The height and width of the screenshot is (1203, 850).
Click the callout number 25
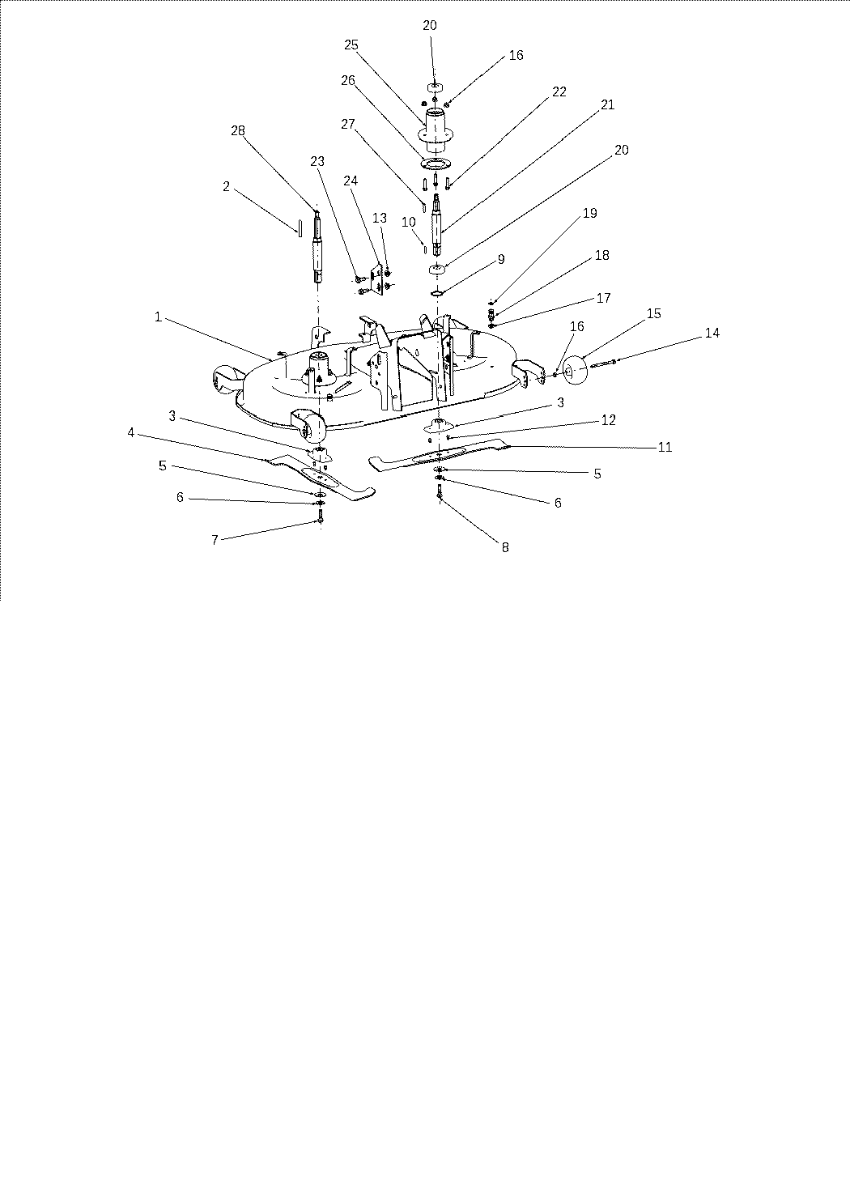351,45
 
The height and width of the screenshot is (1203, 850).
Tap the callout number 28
238,130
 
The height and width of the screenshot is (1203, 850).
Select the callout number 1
158,317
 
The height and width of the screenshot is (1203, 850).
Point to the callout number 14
712,333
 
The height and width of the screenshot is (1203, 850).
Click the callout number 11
665,448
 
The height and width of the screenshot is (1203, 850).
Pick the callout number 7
215,540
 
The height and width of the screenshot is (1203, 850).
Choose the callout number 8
505,547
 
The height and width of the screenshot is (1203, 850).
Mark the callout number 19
589,213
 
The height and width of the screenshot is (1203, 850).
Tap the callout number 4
130,432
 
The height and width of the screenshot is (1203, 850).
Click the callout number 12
609,420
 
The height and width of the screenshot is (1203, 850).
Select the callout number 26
348,81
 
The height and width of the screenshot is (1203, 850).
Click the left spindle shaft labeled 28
317,247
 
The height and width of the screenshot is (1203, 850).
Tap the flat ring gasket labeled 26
436,164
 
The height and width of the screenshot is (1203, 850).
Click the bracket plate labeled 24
379,278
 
